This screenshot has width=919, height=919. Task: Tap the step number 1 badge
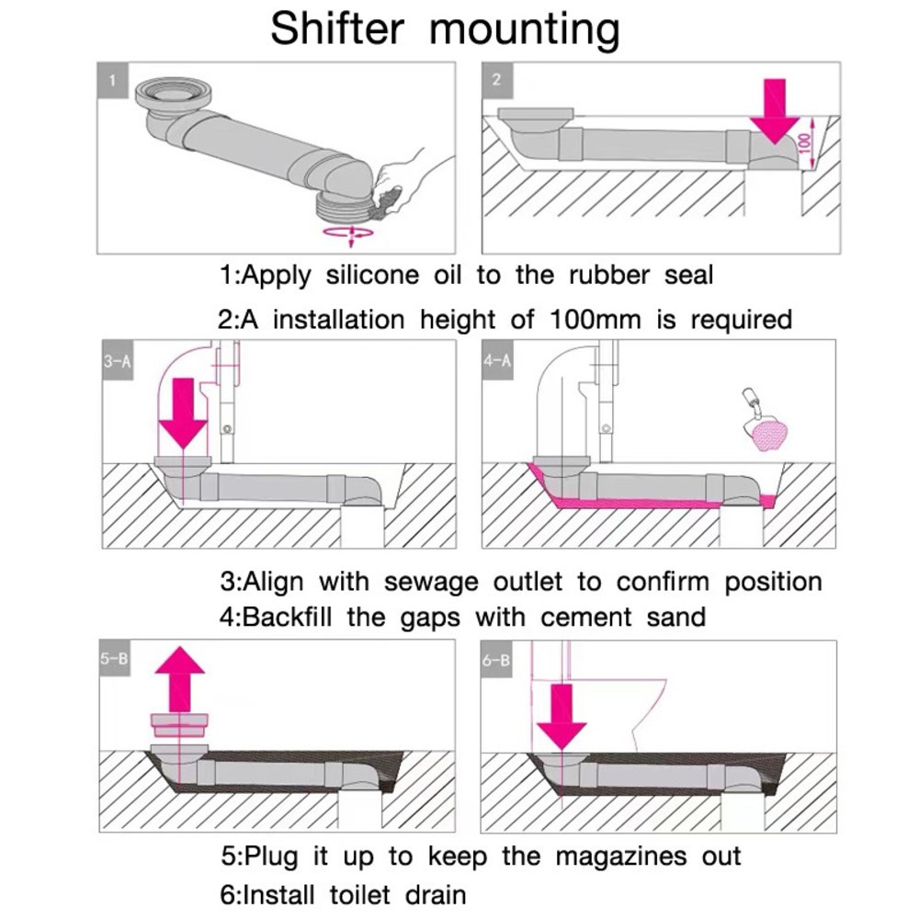point(113,80)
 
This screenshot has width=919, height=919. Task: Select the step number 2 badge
point(496,80)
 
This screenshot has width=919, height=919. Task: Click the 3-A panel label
point(118,362)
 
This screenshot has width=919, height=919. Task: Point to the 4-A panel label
point(496,362)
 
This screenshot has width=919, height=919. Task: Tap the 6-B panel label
point(496,659)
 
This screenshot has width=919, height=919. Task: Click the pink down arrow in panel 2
point(776,110)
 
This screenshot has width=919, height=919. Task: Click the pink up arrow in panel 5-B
point(180,678)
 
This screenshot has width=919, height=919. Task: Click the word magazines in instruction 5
point(620,857)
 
